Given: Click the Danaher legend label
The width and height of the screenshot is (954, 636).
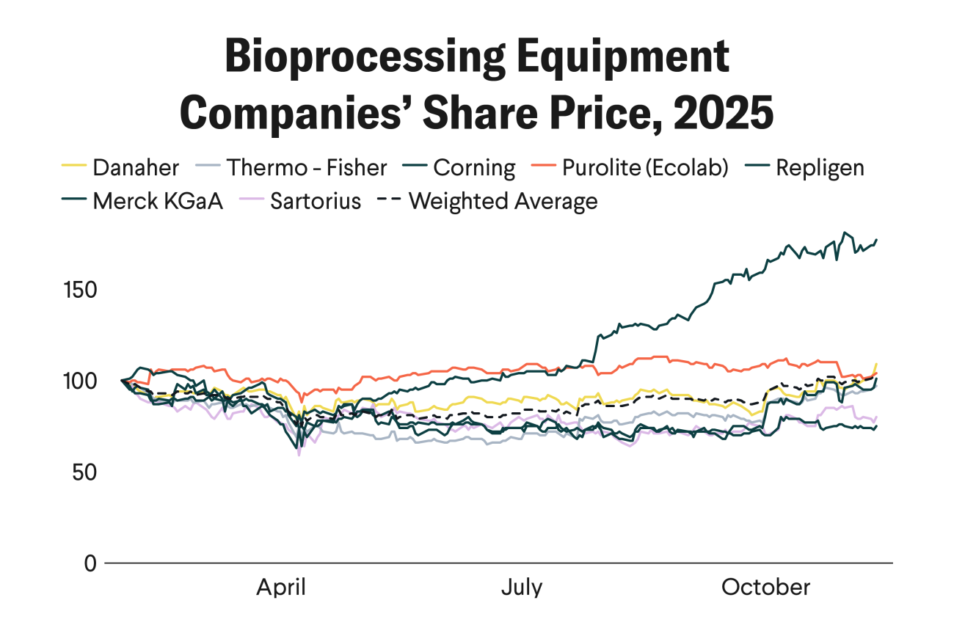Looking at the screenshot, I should click(135, 168).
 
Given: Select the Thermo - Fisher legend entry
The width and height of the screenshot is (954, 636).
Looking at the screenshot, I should click(306, 168).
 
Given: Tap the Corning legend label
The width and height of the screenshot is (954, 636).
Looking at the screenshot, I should click(474, 168).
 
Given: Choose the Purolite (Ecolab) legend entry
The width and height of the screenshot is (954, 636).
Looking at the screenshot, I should click(645, 168).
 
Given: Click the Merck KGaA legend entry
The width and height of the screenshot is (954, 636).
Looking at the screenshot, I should click(157, 201).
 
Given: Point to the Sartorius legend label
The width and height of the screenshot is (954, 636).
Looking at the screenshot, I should click(316, 201).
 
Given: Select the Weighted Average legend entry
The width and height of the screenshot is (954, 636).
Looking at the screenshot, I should click(503, 201).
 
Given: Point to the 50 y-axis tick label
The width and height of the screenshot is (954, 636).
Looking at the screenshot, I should click(85, 472).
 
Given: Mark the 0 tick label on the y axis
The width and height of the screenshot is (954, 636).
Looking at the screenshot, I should click(90, 563).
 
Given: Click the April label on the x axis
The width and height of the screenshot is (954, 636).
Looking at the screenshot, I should click(280, 588).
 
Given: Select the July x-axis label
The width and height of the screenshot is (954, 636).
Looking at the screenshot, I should click(522, 588).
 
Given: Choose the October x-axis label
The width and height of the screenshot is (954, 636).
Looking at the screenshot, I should click(766, 588).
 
